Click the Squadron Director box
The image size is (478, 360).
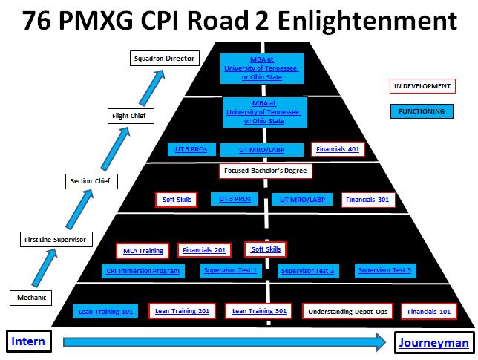[164, 58]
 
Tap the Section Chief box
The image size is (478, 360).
[91, 181]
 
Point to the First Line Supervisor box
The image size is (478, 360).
[56, 240]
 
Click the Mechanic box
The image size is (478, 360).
[30, 298]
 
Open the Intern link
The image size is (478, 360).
[28, 341]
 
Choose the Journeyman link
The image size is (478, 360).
[433, 343]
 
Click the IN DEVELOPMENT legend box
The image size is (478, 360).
[422, 86]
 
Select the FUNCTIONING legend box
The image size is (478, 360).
[422, 111]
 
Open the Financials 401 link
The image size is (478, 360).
[338, 149]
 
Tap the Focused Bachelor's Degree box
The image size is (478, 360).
[266, 171]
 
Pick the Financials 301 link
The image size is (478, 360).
[367, 200]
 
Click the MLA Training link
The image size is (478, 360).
[143, 251]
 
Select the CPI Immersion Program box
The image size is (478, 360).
[143, 271]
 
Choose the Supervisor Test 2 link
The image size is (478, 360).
[307, 271]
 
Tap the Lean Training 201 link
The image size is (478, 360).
[182, 311]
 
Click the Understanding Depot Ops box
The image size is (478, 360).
[347, 312]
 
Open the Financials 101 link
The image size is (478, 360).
[429, 312]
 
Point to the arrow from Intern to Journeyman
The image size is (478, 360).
[225, 342]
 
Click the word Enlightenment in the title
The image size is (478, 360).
[367, 20]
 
